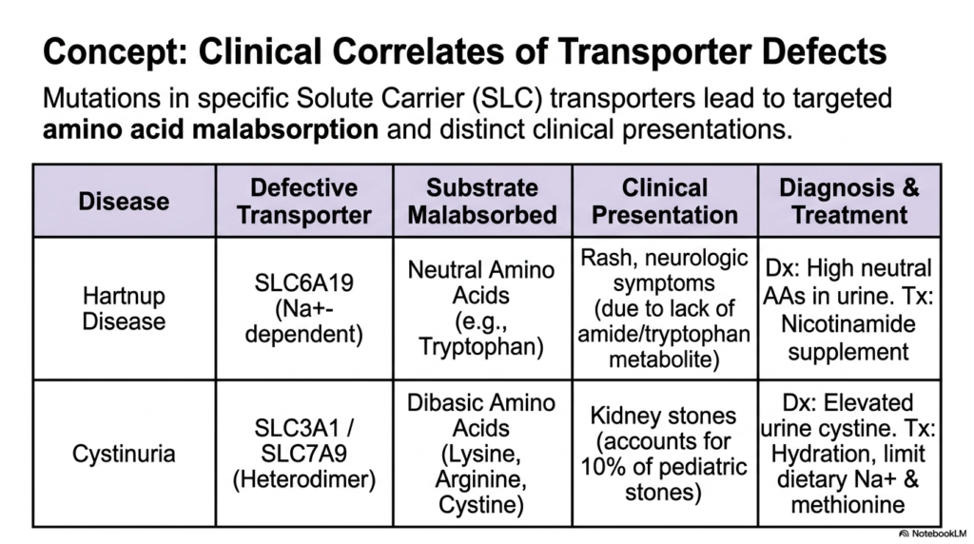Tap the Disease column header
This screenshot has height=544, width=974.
(124, 202)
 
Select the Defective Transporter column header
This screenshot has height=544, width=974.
(303, 202)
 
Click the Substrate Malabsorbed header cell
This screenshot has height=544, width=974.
(482, 202)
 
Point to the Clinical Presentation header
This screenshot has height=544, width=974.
(665, 202)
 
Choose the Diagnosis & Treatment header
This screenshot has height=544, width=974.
(849, 202)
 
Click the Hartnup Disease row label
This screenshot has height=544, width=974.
(124, 309)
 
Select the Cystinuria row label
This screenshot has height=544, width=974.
(124, 454)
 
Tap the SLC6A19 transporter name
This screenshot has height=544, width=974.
(303, 283)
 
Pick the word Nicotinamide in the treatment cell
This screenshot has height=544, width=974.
(847, 324)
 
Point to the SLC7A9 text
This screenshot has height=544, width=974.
(303, 454)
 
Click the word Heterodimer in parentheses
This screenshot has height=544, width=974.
(303, 479)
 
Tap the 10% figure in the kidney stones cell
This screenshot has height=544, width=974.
(602, 467)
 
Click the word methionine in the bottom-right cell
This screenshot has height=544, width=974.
(847, 505)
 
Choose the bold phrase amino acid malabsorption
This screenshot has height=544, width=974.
(210, 129)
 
